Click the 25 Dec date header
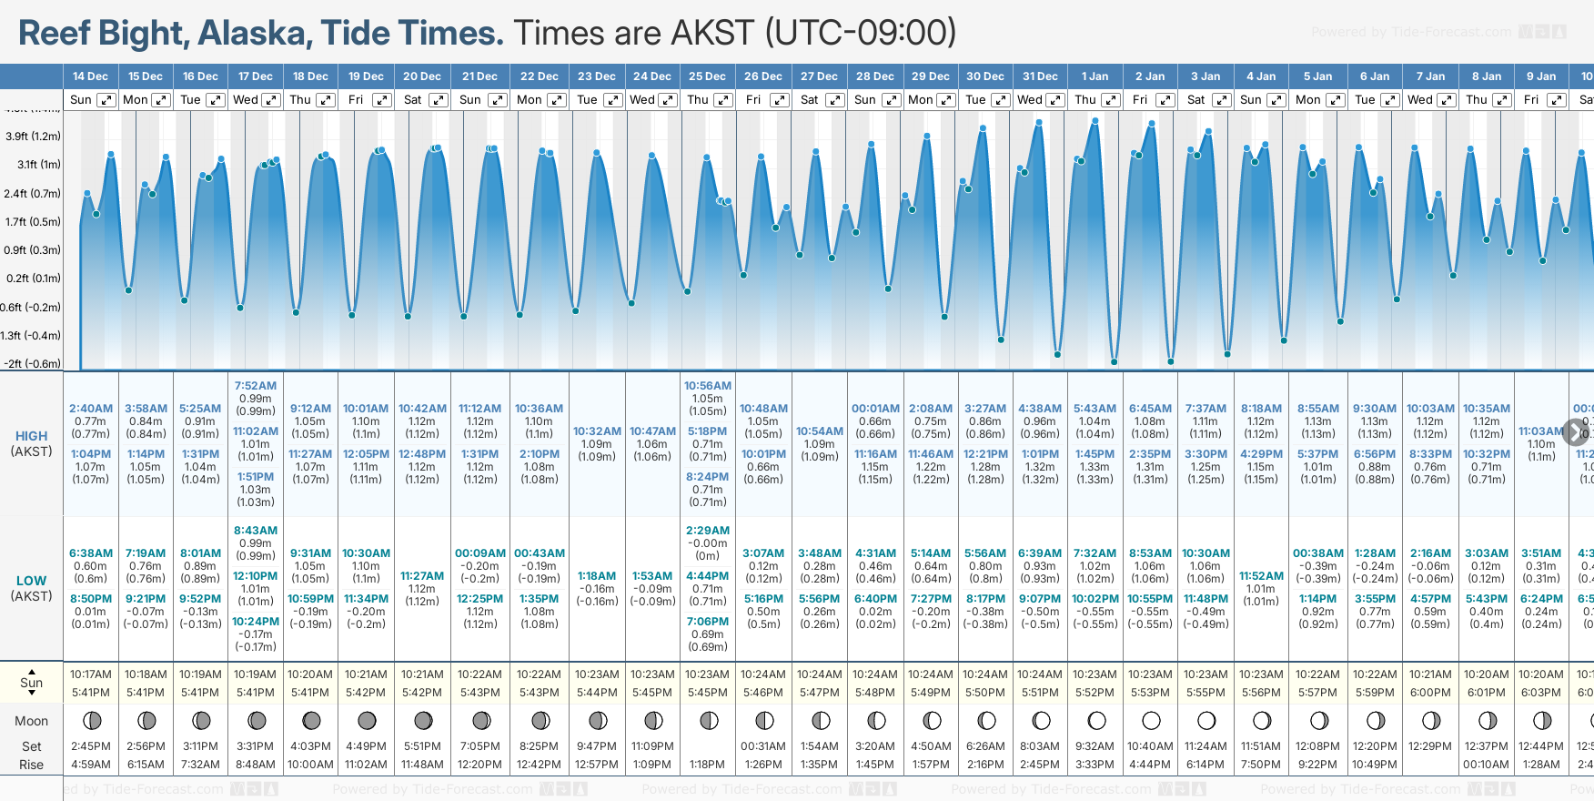pos(707,76)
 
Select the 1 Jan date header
pos(1095,76)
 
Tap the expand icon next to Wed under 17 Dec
pos(271,100)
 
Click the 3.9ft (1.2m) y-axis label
pos(33,137)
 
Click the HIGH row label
pos(31,436)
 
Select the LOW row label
pos(31,581)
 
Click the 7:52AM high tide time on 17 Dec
pos(256,386)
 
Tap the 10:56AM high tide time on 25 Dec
pos(707,386)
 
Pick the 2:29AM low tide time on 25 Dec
pos(707,531)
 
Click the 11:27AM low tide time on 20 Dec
pos(422,576)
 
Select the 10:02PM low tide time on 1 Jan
pos(1095,599)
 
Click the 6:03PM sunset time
pos(1541,693)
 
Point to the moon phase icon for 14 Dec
pos(92,721)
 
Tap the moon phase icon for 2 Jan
pos(1151,721)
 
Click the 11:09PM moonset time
pos(652,746)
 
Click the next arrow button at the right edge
pos(1577,432)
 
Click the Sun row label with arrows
pos(31,683)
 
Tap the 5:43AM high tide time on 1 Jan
pos(1095,409)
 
